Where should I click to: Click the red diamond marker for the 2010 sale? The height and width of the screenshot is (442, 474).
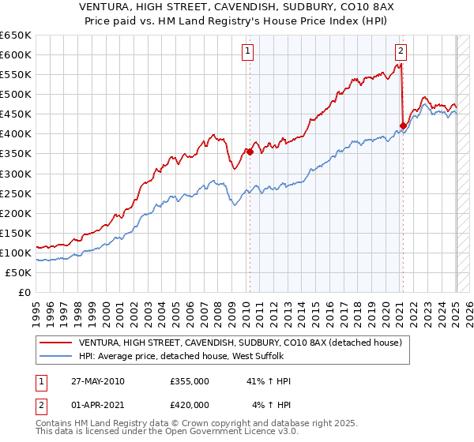pyautogui.click(x=250, y=152)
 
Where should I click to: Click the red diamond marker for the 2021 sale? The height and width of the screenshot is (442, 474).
pyautogui.click(x=403, y=125)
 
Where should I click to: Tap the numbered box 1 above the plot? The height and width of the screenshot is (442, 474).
pyautogui.click(x=248, y=52)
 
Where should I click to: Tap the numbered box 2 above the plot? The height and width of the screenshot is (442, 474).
pyautogui.click(x=401, y=52)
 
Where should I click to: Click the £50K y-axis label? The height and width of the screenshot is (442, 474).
pyautogui.click(x=19, y=272)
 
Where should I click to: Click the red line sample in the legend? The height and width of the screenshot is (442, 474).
pyautogui.click(x=56, y=343)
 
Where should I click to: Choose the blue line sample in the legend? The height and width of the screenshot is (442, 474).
pyautogui.click(x=56, y=356)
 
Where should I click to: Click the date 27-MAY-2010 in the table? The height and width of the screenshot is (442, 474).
pyautogui.click(x=97, y=381)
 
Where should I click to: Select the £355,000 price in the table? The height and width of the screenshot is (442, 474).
pyautogui.click(x=189, y=381)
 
